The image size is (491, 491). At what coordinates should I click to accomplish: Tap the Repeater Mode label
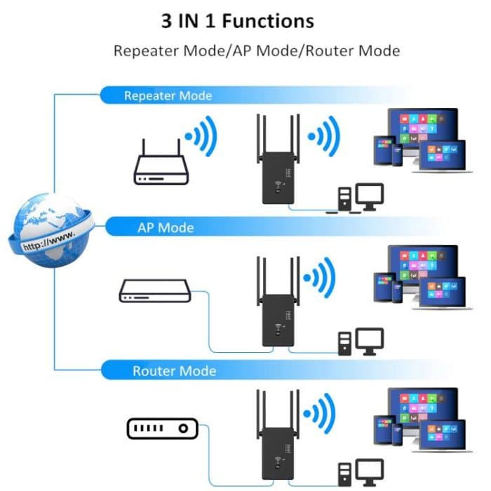click(x=168, y=95)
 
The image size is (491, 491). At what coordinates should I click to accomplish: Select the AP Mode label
click(x=166, y=228)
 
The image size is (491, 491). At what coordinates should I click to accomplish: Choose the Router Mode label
click(x=174, y=371)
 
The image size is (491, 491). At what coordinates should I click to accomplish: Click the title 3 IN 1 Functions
click(x=238, y=21)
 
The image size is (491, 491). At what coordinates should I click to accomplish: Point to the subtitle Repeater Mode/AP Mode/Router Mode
click(x=257, y=51)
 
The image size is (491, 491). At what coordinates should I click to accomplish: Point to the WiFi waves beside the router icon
click(x=201, y=137)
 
